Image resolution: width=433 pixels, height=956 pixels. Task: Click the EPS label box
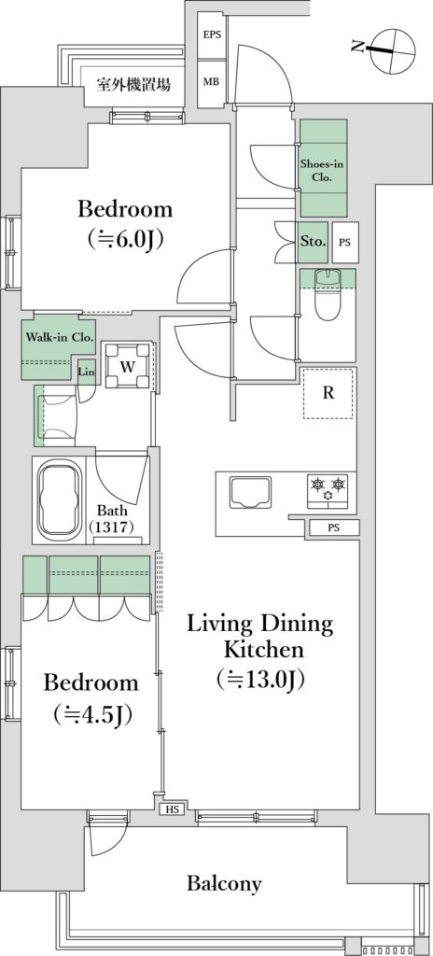coord(212,35)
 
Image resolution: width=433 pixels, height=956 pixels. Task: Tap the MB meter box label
coord(212,82)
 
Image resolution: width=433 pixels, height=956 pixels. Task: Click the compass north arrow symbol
coord(381,49)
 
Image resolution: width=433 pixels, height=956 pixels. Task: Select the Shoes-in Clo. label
coord(323,170)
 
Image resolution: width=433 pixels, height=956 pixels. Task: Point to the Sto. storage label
coord(314,241)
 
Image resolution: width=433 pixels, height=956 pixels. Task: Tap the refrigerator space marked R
coord(328,393)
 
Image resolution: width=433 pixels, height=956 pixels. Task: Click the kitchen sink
coord(251,491)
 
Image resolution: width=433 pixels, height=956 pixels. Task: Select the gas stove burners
coord(328,490)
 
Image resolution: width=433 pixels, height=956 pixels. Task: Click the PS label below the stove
coord(333,527)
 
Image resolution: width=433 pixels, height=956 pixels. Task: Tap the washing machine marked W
coord(127,366)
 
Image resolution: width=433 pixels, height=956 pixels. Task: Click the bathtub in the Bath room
coord(60,499)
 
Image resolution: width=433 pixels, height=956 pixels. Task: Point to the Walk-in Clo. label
coord(59,336)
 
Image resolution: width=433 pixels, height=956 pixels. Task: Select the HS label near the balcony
coord(172,809)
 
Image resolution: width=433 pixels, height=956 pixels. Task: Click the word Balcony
coord(224,883)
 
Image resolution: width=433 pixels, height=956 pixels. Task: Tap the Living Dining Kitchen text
coord(260,637)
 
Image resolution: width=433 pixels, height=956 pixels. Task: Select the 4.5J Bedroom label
coord(91,696)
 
